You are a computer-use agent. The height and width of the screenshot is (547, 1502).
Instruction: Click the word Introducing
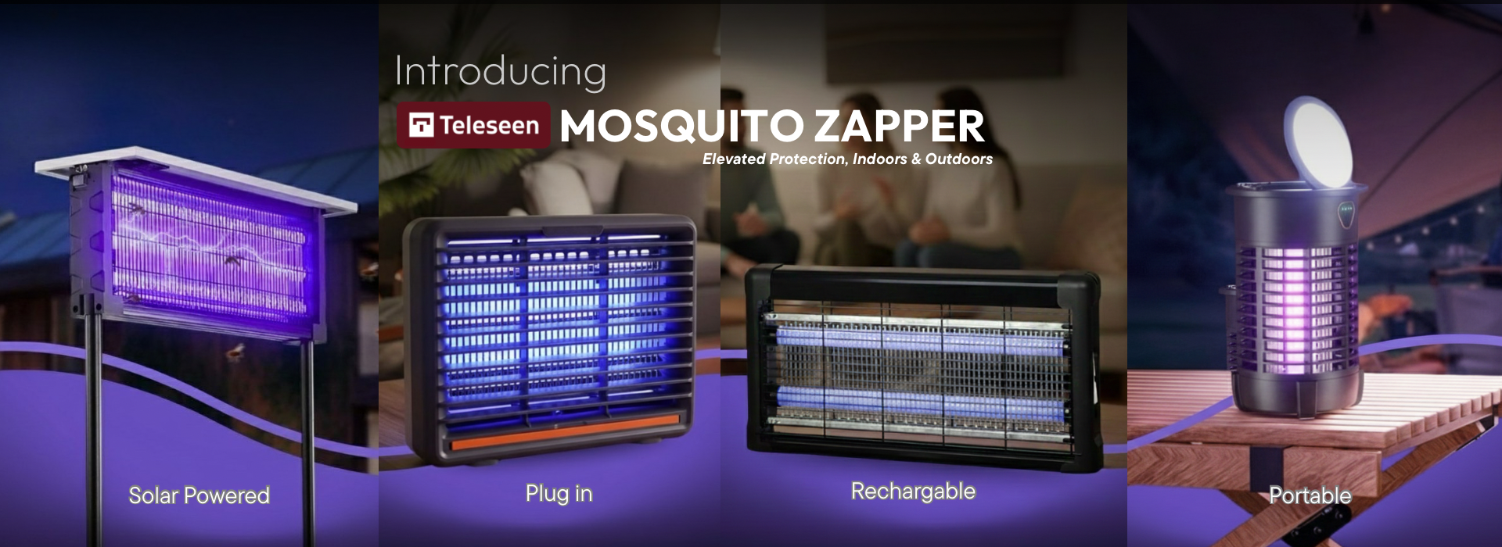coord(501,71)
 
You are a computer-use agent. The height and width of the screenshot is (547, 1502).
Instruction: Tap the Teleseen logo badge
coord(473,125)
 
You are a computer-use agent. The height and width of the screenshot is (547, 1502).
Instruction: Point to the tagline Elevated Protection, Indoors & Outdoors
coord(847,159)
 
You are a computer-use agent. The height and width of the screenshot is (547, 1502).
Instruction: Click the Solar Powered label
coord(199,495)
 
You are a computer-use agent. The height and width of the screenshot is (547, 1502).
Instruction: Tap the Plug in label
coord(559,494)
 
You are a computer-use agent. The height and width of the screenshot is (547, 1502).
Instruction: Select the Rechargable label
coord(913,492)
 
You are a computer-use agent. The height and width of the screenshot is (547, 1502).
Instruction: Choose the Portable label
coord(1310,495)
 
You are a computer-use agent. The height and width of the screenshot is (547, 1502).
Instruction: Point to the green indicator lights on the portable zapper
coord(1346,209)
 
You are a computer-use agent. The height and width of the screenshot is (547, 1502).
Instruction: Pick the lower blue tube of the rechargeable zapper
coord(920,401)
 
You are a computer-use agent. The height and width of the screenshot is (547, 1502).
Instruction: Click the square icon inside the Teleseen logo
coord(421,125)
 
